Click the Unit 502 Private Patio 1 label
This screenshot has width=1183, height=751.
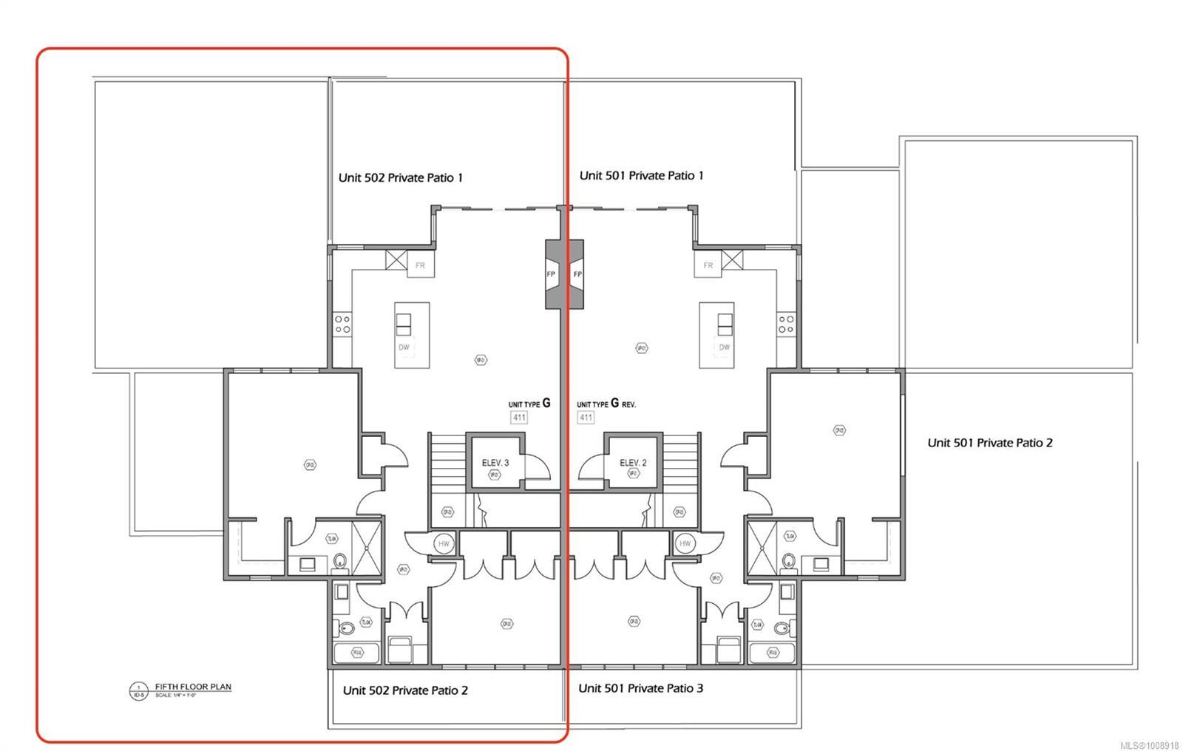coord(400,177)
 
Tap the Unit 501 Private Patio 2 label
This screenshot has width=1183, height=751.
coord(989,443)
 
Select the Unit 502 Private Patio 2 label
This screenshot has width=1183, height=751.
coord(404,690)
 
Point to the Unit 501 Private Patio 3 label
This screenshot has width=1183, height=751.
coord(640,688)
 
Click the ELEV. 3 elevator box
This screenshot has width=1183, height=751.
coord(495,463)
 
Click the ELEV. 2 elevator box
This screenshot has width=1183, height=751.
coord(633,463)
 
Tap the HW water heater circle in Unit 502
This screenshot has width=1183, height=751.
coord(444,544)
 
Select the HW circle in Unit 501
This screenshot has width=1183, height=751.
coord(685,544)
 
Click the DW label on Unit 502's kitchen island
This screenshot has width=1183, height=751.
coord(404,347)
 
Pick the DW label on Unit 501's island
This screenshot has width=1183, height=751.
coord(724,347)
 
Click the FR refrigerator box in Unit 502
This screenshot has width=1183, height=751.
coord(420,265)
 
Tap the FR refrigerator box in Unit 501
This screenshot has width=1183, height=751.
coord(708,265)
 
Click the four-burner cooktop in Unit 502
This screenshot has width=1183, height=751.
coord(342,324)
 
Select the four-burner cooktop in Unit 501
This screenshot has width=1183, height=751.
coord(785,324)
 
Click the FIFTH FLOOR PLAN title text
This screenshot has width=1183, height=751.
coord(192,687)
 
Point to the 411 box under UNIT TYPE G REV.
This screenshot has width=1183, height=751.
coord(586,418)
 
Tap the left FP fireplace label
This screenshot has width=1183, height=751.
coord(551,274)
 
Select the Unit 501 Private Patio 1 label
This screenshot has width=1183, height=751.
coord(641,175)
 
